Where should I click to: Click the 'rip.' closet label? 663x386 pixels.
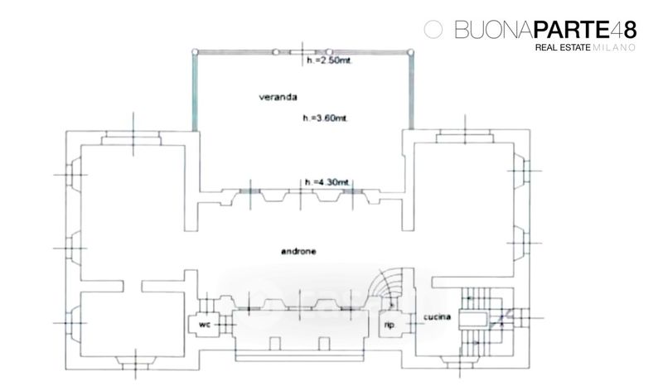coord(387,326)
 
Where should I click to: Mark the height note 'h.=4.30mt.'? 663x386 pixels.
coord(327,182)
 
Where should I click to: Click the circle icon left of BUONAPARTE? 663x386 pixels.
coord(431,30)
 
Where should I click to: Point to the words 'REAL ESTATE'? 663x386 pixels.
coord(563,50)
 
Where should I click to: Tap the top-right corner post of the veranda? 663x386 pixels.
coord(410,51)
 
